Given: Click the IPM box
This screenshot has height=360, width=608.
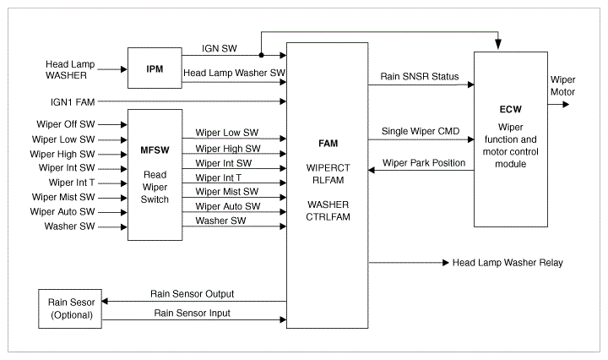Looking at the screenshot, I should pyautogui.click(x=154, y=68).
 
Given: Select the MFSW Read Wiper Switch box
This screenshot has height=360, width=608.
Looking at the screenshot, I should pyautogui.click(x=155, y=175).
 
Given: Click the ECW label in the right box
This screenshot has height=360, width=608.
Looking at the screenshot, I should pyautogui.click(x=511, y=110).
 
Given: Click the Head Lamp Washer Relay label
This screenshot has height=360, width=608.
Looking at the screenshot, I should pyautogui.click(x=508, y=263).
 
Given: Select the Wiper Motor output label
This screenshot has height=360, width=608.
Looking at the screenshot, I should pyautogui.click(x=562, y=85).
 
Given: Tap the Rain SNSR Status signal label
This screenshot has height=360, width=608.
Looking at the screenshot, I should pyautogui.click(x=420, y=77).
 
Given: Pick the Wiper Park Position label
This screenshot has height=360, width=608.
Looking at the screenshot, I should pyautogui.click(x=424, y=162).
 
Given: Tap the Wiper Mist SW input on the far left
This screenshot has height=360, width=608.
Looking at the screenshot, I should pyautogui.click(x=64, y=197).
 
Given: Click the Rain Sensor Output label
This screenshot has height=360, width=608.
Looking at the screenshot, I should pyautogui.click(x=193, y=293).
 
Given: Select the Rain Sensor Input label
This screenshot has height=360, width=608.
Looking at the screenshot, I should pyautogui.click(x=192, y=314).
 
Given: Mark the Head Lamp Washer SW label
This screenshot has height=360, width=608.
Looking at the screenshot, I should pyautogui.click(x=234, y=74).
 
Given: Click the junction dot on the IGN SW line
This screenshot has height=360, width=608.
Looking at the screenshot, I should pyautogui.click(x=261, y=56).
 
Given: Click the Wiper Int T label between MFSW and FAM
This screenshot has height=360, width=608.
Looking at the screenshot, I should pyautogui.click(x=218, y=177).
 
